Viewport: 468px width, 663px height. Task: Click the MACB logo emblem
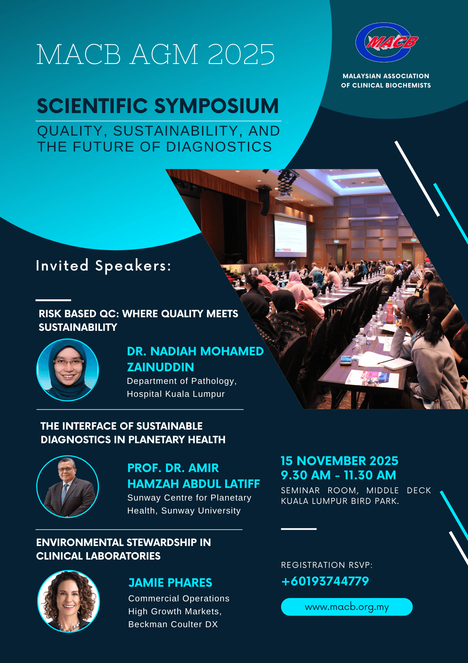click(387, 42)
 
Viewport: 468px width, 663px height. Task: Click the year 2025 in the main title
click(241, 54)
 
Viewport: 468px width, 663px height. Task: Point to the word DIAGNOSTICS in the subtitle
click(219, 147)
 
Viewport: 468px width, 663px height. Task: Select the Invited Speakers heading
click(104, 266)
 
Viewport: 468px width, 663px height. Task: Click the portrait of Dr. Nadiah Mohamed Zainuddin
click(68, 370)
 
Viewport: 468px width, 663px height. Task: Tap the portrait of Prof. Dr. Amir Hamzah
click(68, 486)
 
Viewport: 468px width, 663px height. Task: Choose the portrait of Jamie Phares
click(69, 601)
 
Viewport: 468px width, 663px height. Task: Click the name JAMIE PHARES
click(170, 582)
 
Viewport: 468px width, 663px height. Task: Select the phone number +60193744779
click(325, 581)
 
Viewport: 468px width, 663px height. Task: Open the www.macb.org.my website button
click(347, 607)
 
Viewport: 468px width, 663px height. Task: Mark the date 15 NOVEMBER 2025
click(340, 461)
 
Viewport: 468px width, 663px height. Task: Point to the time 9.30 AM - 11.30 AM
click(338, 475)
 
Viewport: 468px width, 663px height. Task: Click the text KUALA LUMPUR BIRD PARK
click(340, 501)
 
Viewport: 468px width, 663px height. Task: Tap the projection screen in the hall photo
click(290, 236)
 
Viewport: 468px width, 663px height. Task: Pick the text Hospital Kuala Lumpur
click(176, 394)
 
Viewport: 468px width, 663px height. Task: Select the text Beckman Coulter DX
click(173, 624)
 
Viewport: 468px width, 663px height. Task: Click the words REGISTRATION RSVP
click(327, 565)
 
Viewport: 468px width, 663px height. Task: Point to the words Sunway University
click(201, 511)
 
